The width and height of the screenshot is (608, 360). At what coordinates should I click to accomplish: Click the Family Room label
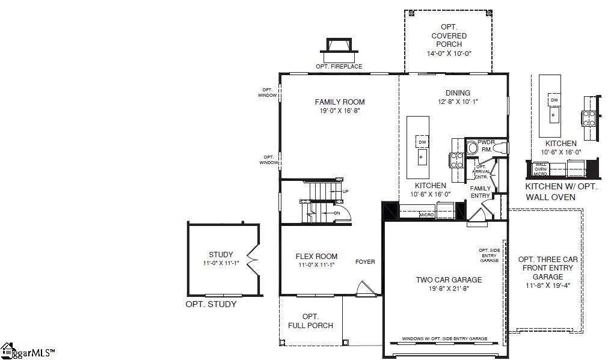click(340, 102)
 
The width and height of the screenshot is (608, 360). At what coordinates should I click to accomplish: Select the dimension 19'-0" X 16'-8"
click(340, 111)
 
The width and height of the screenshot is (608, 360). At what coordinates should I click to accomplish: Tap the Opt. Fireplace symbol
click(339, 46)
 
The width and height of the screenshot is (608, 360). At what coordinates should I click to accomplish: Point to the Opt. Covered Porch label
click(449, 36)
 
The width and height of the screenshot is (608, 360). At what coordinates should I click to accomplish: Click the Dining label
click(458, 93)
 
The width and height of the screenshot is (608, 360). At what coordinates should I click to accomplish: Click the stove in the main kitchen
click(456, 159)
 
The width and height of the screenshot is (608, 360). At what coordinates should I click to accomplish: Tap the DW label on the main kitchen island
click(422, 142)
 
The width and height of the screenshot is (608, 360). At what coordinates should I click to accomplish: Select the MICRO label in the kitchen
click(426, 215)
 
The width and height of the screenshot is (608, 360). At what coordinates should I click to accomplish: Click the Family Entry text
click(480, 192)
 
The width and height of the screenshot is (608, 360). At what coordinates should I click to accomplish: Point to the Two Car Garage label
click(449, 279)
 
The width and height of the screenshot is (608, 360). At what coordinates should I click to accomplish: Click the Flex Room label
click(316, 256)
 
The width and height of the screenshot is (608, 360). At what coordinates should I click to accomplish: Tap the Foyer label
click(365, 262)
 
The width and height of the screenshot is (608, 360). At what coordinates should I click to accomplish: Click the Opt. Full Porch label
click(310, 321)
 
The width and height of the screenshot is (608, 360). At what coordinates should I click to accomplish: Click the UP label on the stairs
click(345, 191)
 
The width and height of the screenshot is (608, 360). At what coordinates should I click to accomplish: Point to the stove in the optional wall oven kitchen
click(588, 118)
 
